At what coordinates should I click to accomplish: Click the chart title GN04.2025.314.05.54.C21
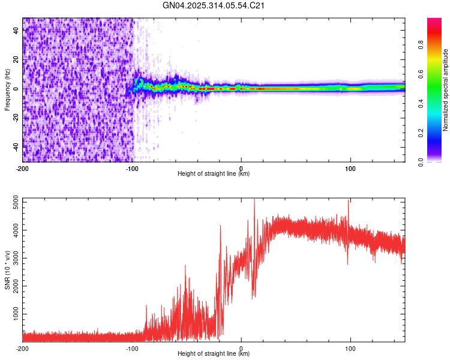click(x=214, y=6)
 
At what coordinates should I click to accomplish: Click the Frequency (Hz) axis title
click(x=7, y=90)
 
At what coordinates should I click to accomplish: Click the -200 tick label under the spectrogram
click(x=22, y=168)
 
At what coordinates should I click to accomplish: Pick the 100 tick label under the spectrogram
click(x=350, y=168)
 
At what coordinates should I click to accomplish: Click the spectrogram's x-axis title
click(x=214, y=174)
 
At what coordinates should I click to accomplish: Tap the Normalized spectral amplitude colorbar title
click(x=445, y=90)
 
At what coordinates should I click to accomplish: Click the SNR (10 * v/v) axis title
click(x=7, y=271)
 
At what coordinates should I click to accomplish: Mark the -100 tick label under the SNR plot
click(x=131, y=349)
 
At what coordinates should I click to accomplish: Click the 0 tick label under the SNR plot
click(x=241, y=349)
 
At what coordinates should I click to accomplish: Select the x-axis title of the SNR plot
click(x=214, y=354)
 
